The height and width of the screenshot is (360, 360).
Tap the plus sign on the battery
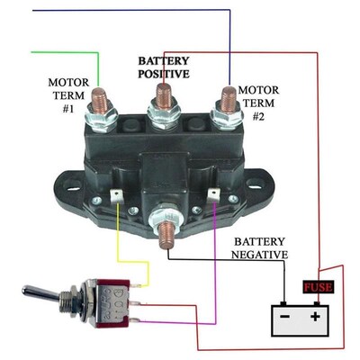coord(315,317)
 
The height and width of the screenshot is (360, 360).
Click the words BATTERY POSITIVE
coord(163,67)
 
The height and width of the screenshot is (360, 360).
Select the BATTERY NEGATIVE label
coord(262,248)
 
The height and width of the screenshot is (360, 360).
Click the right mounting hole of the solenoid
coord(256,190)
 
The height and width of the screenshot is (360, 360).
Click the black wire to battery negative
coord(225,260)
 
